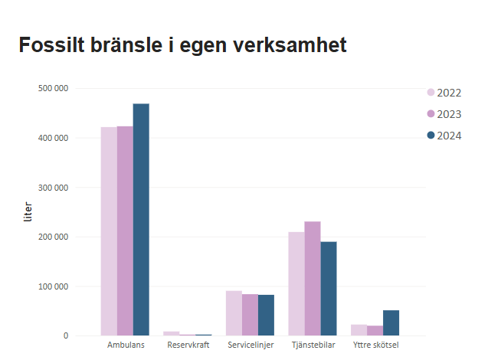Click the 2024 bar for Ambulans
(141, 219)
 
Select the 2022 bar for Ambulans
(109, 231)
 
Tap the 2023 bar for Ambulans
(125, 231)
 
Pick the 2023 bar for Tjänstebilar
(313, 278)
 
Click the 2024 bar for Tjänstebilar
(329, 289)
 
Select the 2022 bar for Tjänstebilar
(296, 283)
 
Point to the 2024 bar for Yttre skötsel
(391, 322)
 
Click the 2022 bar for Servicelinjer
(234, 313)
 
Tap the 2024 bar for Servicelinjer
(266, 315)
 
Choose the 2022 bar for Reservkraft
(171, 333)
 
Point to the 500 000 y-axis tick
(53, 88)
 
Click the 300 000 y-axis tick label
(53, 188)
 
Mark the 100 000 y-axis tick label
(53, 286)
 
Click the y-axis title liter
(28, 212)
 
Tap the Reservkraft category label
(188, 345)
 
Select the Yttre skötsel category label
(375, 345)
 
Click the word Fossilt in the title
(51, 45)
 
